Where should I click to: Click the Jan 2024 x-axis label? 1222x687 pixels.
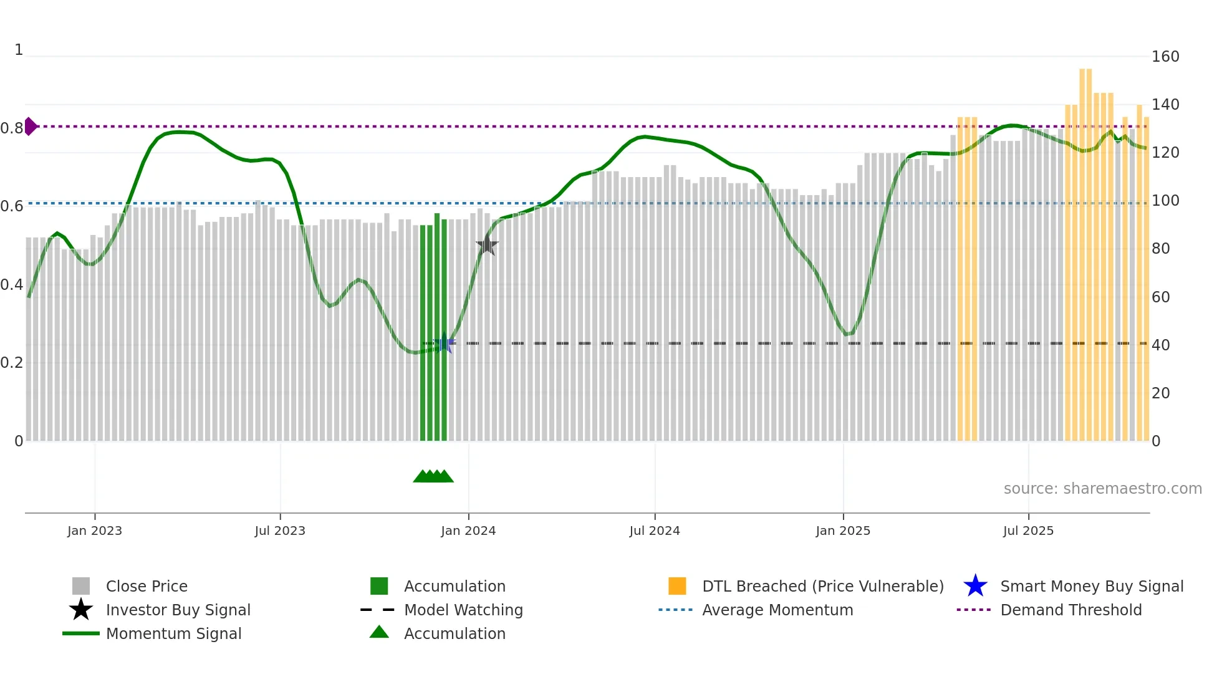pos(468,531)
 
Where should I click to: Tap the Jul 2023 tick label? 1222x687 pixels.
pos(280,531)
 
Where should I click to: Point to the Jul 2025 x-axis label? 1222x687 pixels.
pos(1028,531)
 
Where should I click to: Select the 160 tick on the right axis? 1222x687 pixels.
pos(1165,57)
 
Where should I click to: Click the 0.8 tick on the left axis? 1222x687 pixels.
pos(12,128)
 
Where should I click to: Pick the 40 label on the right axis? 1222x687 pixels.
pos(1160,345)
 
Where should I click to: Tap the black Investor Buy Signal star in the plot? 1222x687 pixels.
pos(487,246)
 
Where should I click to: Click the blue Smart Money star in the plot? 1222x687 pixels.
pos(445,343)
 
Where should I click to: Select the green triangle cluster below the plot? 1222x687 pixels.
pos(433,476)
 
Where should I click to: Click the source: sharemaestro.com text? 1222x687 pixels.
pos(1102,489)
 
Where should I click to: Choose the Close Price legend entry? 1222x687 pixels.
pos(147,586)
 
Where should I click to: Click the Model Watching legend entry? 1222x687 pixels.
pos(463,610)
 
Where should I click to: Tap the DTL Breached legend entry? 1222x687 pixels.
pos(822,586)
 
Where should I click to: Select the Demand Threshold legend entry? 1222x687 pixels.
pos(1070,610)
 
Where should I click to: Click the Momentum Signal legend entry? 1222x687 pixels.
pos(173,633)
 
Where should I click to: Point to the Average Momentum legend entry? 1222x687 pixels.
pos(777,610)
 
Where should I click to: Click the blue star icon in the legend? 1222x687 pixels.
pos(975,586)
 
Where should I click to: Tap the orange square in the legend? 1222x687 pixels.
pos(677,586)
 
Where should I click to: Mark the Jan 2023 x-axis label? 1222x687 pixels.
pos(95,531)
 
